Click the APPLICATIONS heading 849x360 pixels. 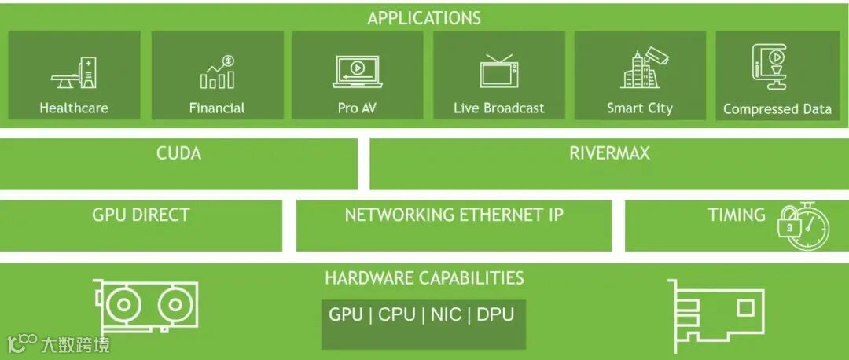[424, 17]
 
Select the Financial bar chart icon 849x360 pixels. [217, 72]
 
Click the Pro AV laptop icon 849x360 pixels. [358, 70]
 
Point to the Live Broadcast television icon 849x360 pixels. [498, 70]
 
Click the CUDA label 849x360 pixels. [178, 153]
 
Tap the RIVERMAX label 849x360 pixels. [609, 153]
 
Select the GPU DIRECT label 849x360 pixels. [141, 215]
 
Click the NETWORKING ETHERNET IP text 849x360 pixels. [454, 215]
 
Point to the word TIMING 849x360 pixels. [736, 215]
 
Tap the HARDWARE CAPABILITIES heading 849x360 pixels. [424, 277]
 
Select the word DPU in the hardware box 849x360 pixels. [495, 314]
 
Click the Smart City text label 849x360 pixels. [639, 108]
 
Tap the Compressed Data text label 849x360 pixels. [777, 109]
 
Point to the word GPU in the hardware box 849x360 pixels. [346, 314]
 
